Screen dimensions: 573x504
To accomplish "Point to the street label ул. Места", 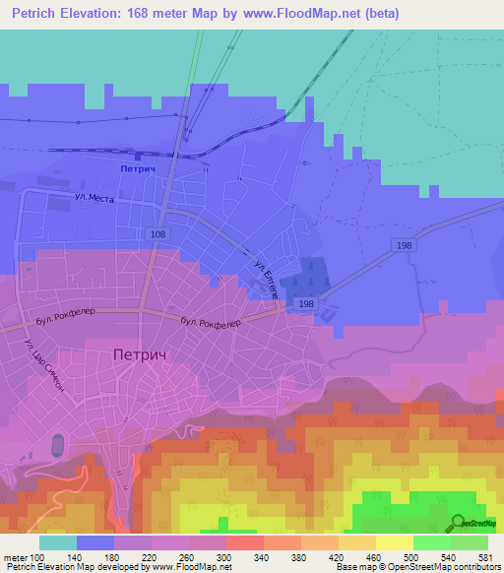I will (x=95, y=198).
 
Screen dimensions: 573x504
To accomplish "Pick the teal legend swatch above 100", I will (x=58, y=542).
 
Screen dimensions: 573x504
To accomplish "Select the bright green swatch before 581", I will (x=470, y=542).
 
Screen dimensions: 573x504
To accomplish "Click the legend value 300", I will (x=224, y=556).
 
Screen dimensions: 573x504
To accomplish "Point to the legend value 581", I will (x=485, y=556).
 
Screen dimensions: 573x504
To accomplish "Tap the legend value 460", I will (x=375, y=556).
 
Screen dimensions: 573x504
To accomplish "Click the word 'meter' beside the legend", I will (x=17, y=556).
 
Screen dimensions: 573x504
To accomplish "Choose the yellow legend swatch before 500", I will (x=394, y=542).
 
